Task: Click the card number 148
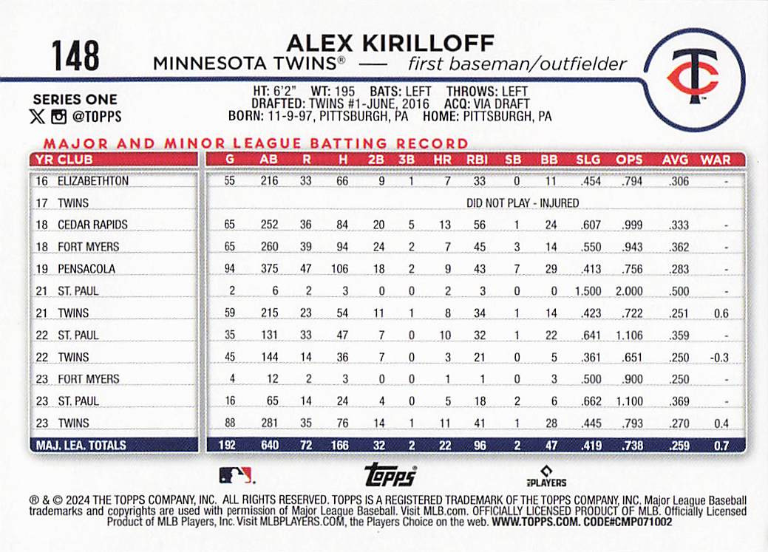point(75,55)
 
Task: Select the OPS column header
point(630,159)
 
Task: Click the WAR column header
point(715,159)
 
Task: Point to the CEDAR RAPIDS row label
point(92,225)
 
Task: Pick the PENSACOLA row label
point(86,269)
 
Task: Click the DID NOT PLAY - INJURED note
point(523,203)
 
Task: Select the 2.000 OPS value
point(629,291)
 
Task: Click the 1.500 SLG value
point(588,291)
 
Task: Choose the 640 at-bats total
point(269,446)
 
